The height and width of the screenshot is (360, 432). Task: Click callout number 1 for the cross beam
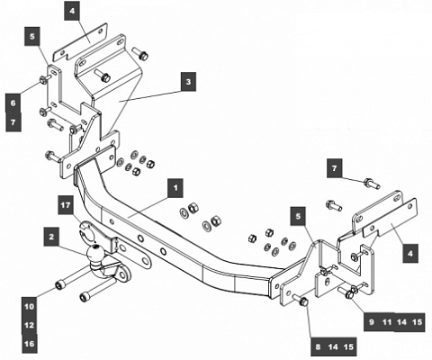click(x=175, y=189)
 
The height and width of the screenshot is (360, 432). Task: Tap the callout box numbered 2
click(x=53, y=237)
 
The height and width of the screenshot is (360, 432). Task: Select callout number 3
click(x=188, y=82)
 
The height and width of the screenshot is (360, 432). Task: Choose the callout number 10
click(x=30, y=307)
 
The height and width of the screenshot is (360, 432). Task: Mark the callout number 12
click(x=30, y=325)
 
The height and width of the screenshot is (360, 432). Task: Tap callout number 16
click(x=30, y=343)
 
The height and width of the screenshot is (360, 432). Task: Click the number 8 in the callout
click(x=317, y=345)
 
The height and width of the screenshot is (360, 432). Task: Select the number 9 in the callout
click(x=368, y=321)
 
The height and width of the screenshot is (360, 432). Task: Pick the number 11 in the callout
click(x=387, y=321)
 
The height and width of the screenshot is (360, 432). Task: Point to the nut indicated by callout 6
click(x=45, y=85)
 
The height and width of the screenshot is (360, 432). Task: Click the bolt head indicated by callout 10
click(x=58, y=286)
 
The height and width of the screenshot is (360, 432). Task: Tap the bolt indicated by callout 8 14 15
click(x=302, y=301)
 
